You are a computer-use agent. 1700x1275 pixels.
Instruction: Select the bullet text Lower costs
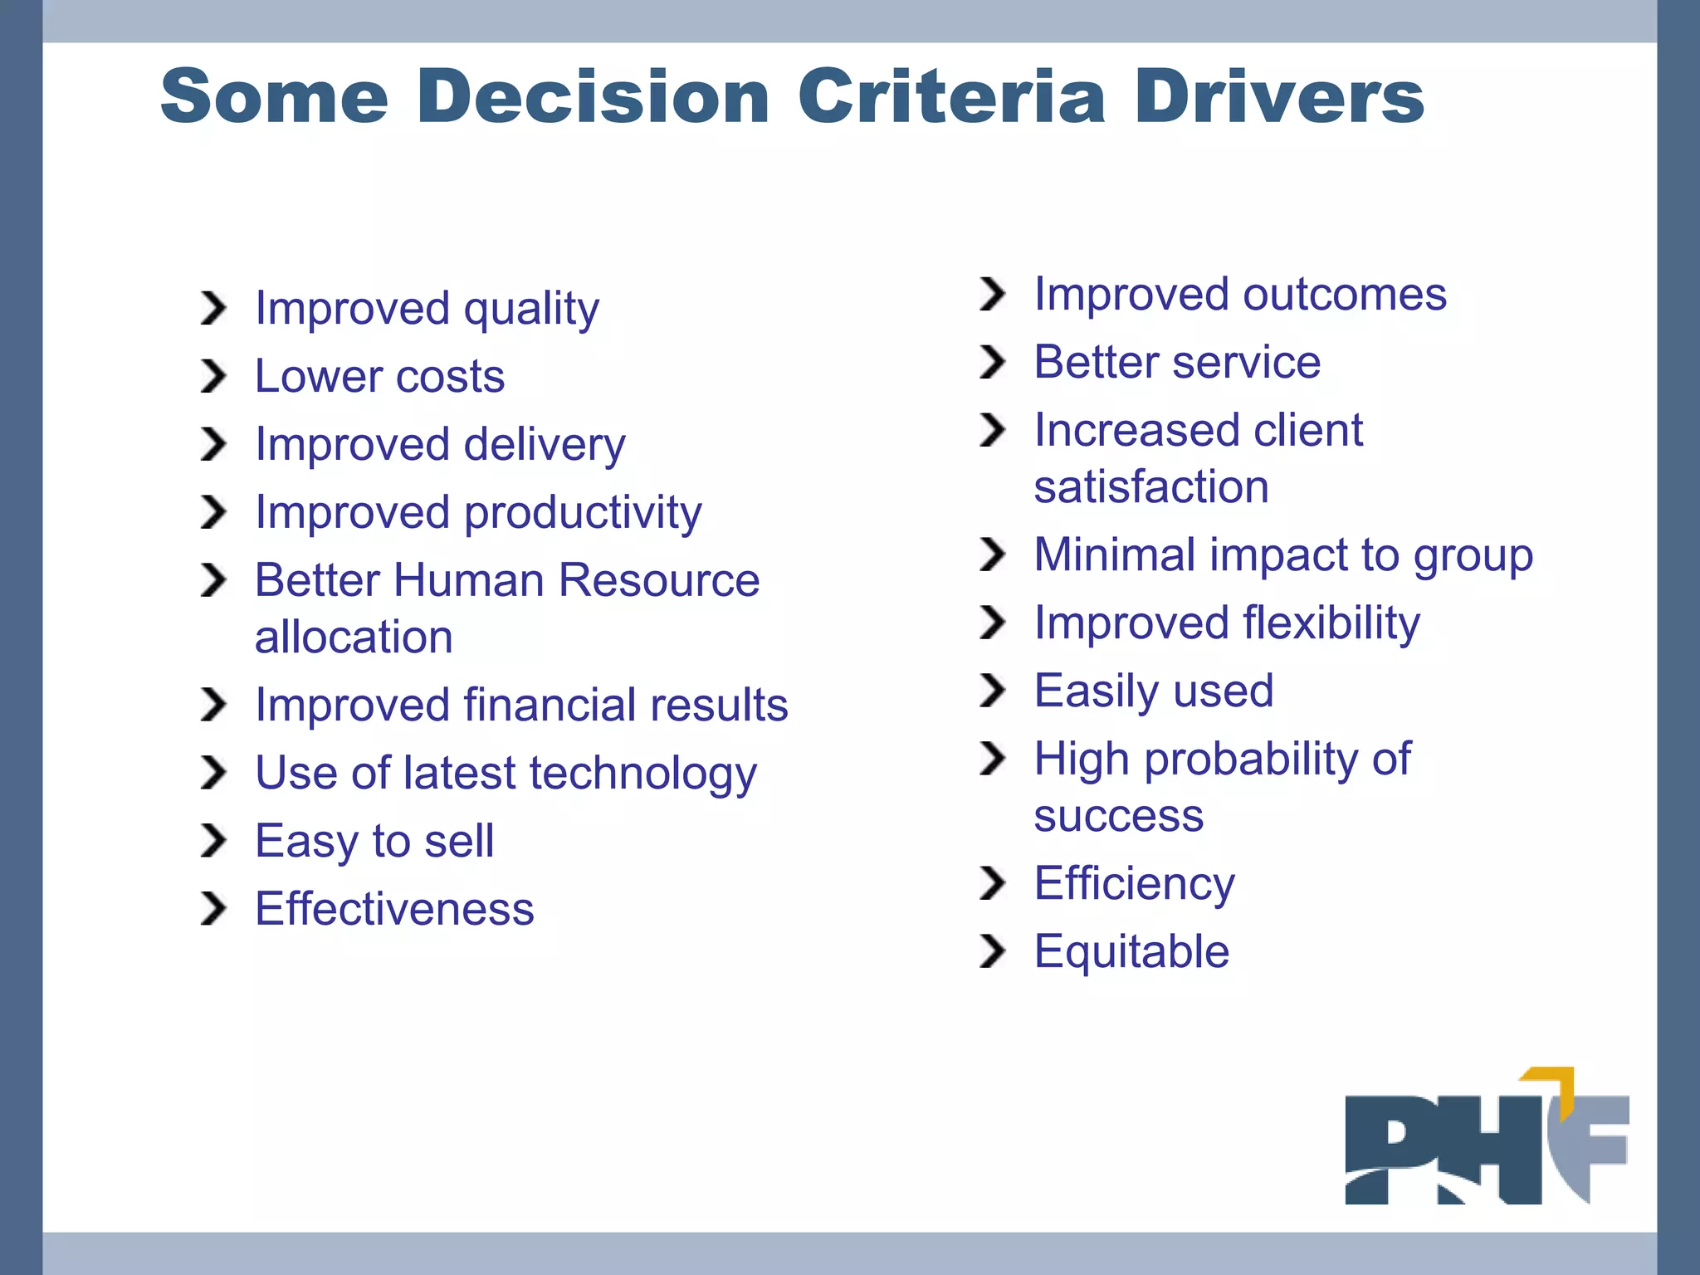(379, 376)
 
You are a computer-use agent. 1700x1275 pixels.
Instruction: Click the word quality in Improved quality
(531, 310)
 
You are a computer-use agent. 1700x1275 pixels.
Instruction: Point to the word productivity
(583, 513)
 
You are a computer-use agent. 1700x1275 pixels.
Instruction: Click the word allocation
(354, 637)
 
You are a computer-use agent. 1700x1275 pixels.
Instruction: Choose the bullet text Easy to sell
(374, 841)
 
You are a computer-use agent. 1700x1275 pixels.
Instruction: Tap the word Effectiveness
(394, 909)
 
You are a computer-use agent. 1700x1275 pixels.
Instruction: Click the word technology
(643, 774)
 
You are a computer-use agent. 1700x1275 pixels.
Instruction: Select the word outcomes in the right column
(1344, 295)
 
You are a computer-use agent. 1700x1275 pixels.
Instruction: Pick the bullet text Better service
(1177, 363)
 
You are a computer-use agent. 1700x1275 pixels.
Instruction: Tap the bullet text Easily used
(1154, 691)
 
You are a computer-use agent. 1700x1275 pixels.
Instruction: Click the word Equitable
(1131, 951)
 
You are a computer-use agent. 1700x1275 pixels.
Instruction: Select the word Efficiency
(1134, 884)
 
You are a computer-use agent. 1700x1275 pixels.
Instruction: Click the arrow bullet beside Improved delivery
(213, 444)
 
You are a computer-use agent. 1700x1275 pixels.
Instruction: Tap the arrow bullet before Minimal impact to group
(992, 554)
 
